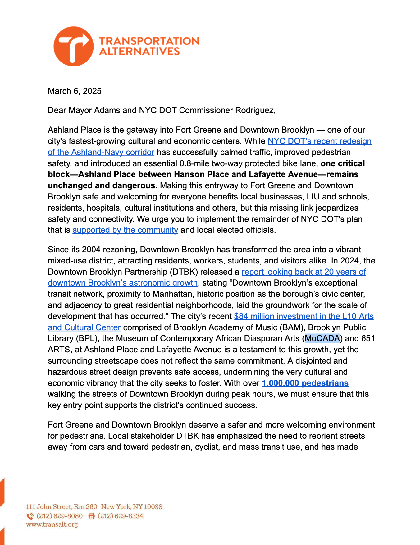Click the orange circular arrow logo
[73, 46]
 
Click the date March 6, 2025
[75, 91]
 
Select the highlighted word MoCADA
[322, 338]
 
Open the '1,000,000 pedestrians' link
[305, 383]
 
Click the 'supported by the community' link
[125, 230]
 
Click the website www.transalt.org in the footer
[52, 524]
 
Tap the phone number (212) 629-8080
[60, 516]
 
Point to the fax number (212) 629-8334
[121, 516]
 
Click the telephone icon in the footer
[30, 516]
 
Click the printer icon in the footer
[92, 516]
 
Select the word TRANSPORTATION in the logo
[149, 41]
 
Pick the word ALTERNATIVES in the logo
[139, 52]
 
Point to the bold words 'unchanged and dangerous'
[101, 186]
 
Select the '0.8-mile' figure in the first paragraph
[196, 163]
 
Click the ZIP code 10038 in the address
[153, 507]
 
